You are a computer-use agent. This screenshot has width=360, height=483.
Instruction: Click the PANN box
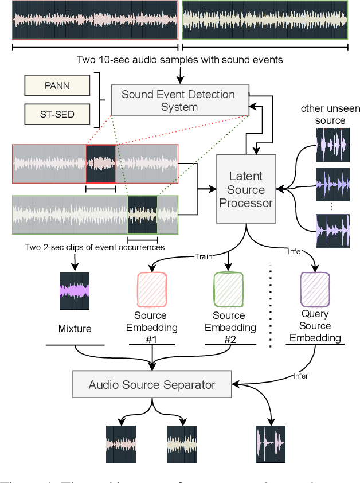coord(57,86)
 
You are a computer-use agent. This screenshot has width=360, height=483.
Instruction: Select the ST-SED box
coord(57,115)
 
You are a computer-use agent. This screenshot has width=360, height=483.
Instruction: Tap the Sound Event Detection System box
coord(178,100)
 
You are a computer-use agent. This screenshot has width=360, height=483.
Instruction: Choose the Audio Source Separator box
coord(152,384)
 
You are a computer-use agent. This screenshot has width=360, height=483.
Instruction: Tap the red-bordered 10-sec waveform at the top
coord(95,20)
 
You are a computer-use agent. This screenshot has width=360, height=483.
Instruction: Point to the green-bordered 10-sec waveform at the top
coord(265,20)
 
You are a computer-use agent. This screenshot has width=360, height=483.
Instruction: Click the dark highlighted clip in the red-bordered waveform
coord(100,163)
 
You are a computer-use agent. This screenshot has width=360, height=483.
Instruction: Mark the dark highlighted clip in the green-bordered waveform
coord(142,215)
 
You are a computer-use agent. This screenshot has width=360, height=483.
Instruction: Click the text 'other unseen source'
coord(323,115)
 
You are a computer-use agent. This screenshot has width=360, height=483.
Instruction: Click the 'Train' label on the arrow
coord(203,256)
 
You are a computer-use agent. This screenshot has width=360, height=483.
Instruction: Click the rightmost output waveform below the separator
coord(270,444)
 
